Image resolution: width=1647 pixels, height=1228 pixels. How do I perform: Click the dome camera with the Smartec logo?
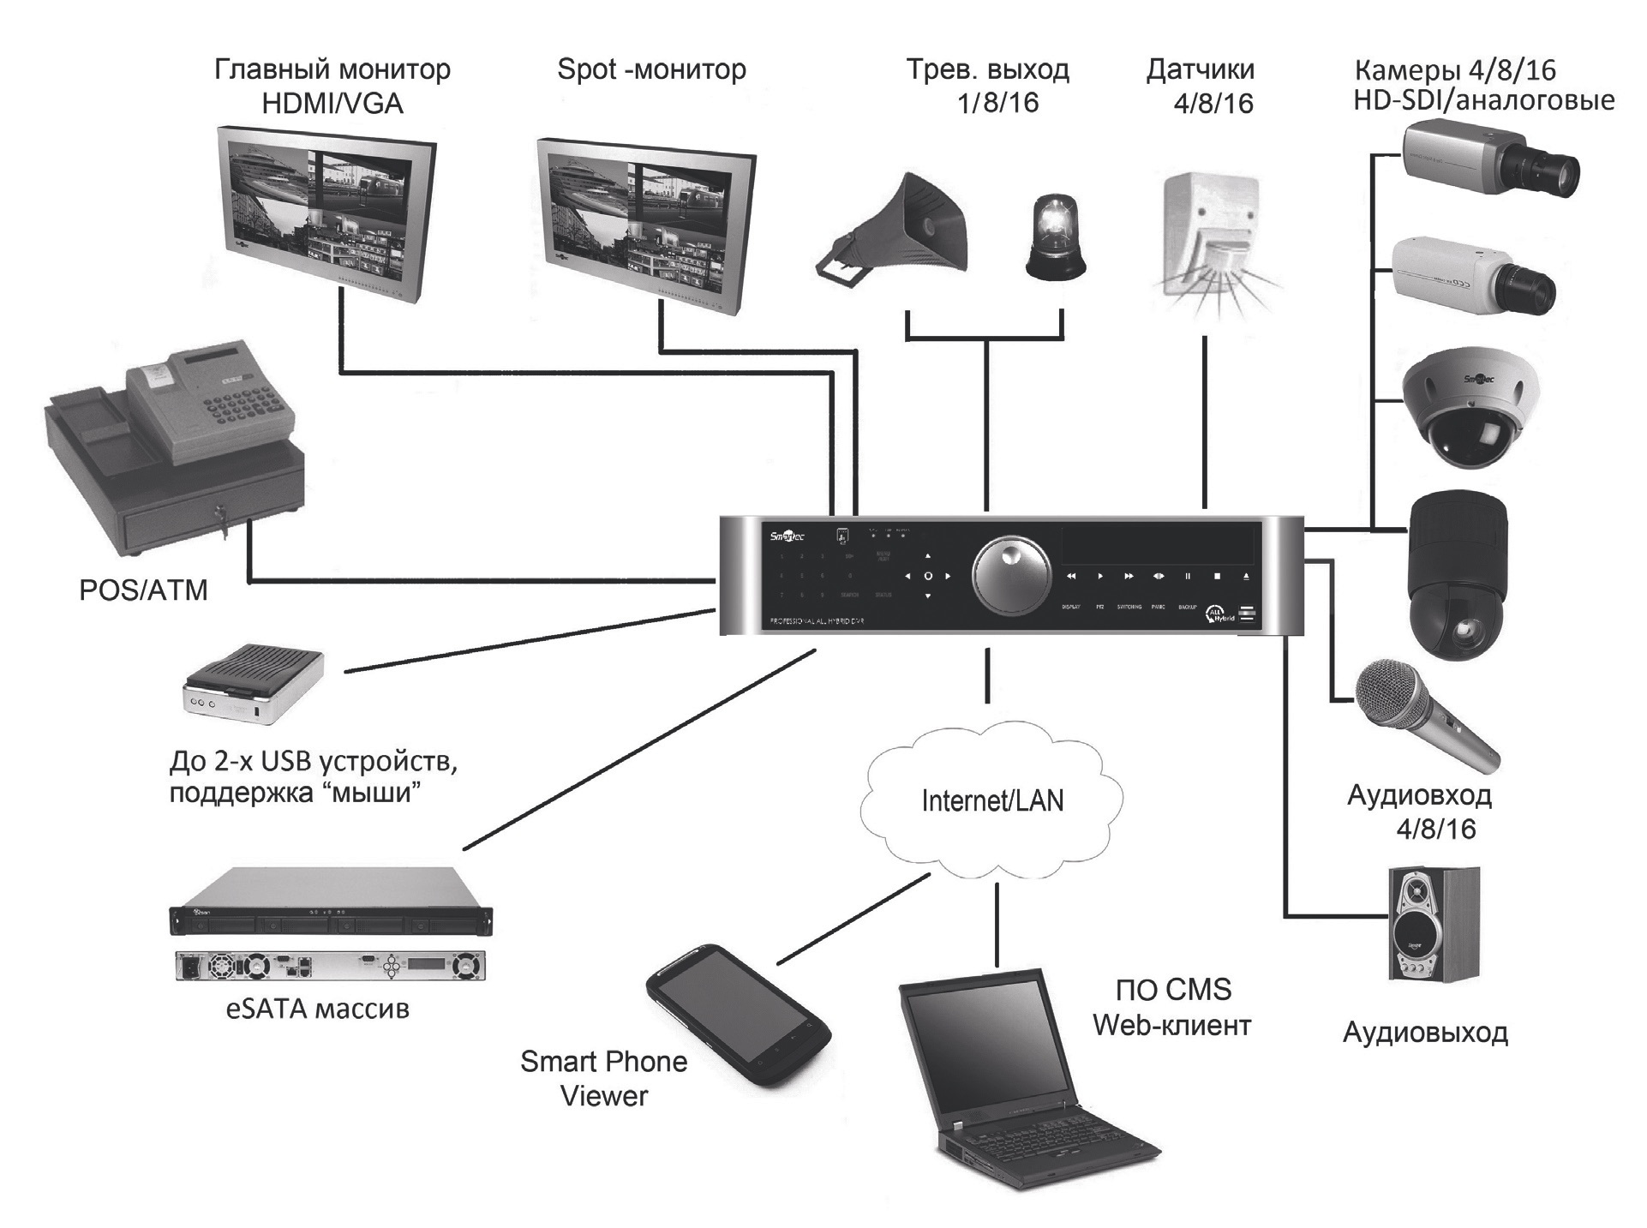1470,407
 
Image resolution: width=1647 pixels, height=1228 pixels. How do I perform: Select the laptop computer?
1020,1080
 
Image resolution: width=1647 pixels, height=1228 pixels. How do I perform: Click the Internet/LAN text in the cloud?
992,801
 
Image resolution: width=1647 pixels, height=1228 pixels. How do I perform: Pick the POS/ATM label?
143,590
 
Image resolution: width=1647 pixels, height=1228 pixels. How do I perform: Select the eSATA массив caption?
317,1009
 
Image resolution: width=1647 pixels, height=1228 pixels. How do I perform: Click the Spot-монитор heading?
651,69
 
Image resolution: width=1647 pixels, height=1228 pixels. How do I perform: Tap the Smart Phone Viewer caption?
604,1078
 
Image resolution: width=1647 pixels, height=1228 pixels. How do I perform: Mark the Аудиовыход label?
1425,1033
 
